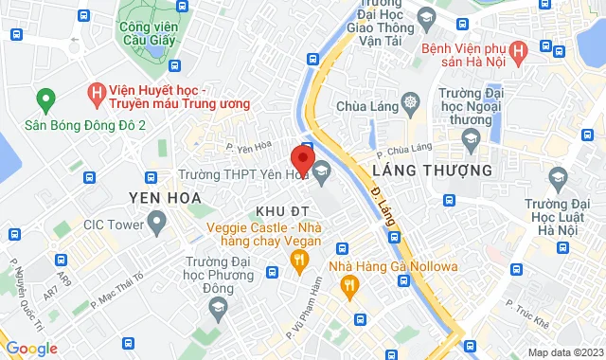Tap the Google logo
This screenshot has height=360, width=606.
coord(31,349)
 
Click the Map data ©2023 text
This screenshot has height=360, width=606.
coord(563,352)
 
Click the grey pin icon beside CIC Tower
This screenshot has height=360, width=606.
coord(157,225)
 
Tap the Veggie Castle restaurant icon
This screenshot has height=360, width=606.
coord(300,259)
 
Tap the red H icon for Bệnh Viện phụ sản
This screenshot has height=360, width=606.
coord(518,51)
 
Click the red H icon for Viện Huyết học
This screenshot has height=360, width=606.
coord(95,93)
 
